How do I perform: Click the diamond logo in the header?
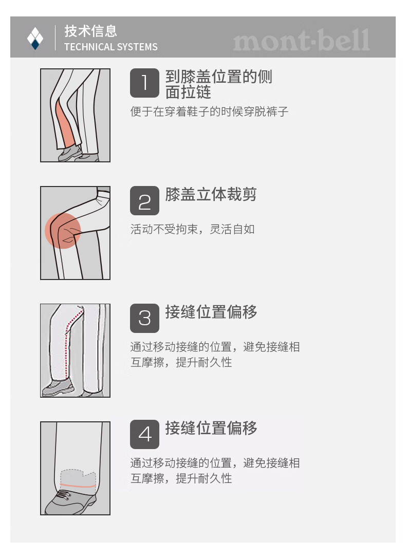coord(35,38)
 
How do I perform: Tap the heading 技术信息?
coord(91,31)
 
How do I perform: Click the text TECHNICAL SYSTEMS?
coord(110,47)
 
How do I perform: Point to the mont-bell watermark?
coord(301,40)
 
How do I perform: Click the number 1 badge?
coord(144,83)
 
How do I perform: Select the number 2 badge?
coord(144,201)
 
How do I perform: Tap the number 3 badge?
coord(144,318)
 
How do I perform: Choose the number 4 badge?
coord(144,434)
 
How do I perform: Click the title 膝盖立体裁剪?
coord(211,194)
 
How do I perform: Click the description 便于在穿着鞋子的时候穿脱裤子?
coord(209,111)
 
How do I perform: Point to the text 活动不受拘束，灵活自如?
coord(193,229)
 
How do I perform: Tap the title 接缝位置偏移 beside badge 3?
coord(211,312)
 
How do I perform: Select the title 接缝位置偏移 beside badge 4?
coord(211,428)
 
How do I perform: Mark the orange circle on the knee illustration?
coord(62,231)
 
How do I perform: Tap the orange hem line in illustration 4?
coord(78,486)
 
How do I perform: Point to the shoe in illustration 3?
coord(57,387)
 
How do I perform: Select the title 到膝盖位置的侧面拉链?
coord(218,84)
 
